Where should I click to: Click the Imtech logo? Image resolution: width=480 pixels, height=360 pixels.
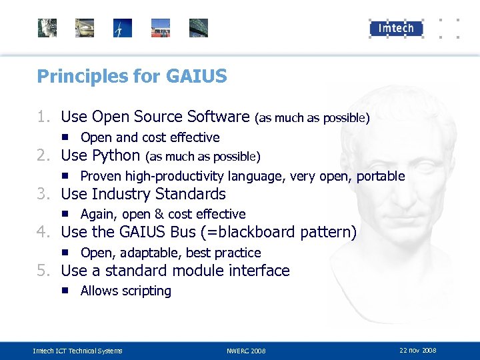tap(396, 28)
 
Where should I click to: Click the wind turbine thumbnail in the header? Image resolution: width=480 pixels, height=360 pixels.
tap(123, 28)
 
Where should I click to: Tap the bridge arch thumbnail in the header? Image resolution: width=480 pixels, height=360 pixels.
tap(199, 28)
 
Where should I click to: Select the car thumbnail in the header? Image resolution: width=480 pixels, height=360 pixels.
tap(85, 28)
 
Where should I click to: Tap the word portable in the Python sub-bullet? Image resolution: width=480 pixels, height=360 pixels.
tap(381, 176)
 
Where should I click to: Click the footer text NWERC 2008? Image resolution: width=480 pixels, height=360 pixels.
tap(246, 351)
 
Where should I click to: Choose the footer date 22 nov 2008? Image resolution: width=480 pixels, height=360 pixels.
tap(418, 350)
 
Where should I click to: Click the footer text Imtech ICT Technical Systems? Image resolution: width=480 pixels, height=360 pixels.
tap(78, 351)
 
